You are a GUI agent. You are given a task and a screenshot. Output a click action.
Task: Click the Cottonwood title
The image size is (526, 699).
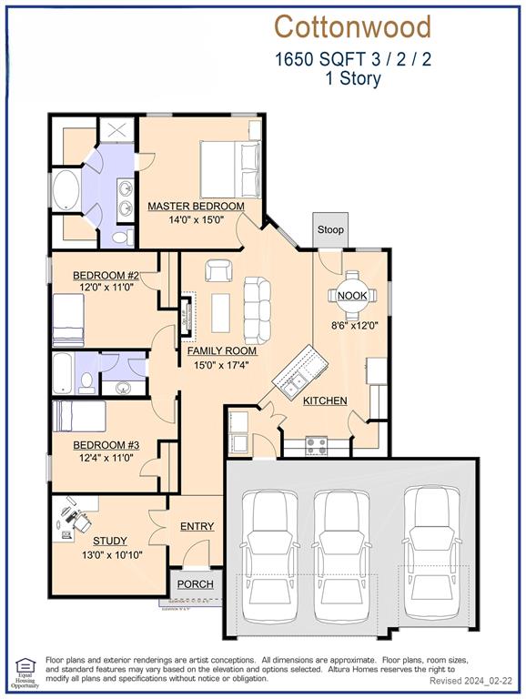352,26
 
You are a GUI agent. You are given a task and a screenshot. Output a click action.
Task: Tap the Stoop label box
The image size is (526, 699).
330,229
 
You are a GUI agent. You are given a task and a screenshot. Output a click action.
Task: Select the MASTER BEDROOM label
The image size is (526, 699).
196,207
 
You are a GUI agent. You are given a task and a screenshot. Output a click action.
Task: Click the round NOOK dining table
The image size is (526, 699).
352,296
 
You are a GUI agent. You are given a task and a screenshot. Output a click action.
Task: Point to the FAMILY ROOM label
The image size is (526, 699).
222,350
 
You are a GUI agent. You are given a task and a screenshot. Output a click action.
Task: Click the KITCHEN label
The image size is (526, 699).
325,400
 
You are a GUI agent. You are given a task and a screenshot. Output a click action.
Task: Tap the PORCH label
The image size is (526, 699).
195,584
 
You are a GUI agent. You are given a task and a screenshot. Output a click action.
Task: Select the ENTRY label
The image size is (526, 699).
197,526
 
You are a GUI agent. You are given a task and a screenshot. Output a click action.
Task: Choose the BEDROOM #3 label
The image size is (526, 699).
106,445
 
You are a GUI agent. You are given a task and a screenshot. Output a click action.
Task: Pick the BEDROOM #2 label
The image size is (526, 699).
106,276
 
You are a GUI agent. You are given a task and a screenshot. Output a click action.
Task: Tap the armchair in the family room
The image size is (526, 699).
218,270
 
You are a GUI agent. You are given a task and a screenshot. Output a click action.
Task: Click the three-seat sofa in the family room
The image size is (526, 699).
257,310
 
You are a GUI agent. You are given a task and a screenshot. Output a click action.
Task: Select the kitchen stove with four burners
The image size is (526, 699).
316,446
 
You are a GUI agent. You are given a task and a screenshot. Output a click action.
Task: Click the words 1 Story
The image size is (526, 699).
352,78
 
